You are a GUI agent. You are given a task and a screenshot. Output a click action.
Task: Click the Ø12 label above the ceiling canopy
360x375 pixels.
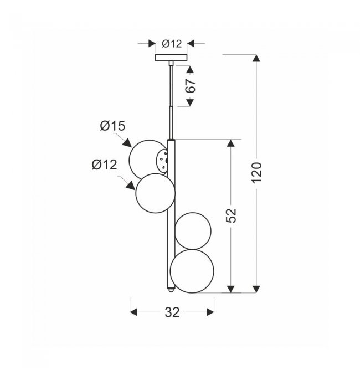pyautogui.click(x=172, y=43)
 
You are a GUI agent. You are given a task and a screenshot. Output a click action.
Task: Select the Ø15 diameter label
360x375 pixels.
pyautogui.click(x=112, y=127)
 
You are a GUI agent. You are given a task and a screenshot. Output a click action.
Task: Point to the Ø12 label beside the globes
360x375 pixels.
pyautogui.click(x=105, y=165)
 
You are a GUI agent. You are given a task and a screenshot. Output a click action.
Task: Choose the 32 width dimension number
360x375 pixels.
pyautogui.click(x=172, y=313)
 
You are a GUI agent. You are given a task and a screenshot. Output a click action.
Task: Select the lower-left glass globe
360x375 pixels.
pyautogui.click(x=156, y=193)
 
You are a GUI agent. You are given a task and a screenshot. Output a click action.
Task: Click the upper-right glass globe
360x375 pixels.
pyautogui.click(x=193, y=230)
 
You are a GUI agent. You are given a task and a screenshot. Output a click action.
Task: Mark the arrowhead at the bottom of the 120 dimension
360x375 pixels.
pyautogui.click(x=255, y=287)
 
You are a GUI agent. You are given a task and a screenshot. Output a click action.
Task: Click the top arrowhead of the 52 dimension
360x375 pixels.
pyautogui.click(x=232, y=143)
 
